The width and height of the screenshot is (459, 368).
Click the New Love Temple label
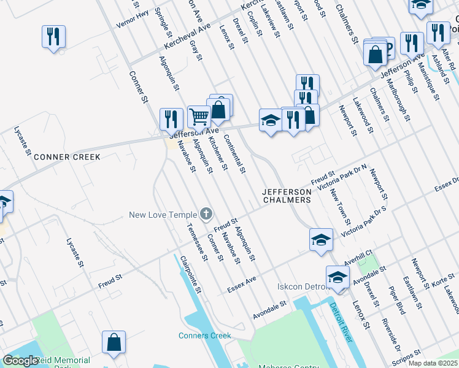pos(163,215)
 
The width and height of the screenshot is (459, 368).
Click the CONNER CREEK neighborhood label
pos(67,157)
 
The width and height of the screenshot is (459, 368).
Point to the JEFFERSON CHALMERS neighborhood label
pos(287,195)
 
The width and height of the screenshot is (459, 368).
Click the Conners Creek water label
pos(205,335)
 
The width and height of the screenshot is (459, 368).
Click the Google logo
pos(20,361)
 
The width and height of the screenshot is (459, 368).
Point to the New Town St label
pos(340,207)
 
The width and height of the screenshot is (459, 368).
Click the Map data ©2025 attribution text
pos(433,363)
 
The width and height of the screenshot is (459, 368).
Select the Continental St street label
pos(234,153)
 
